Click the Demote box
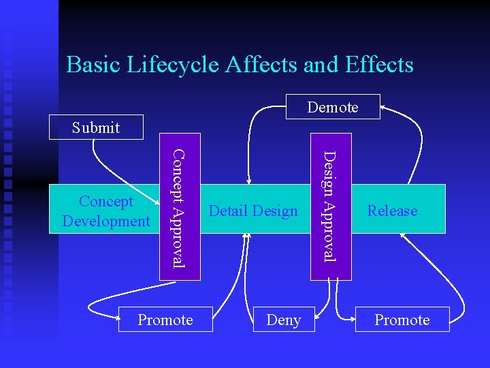(332, 107)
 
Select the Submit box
(96, 127)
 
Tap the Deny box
(284, 320)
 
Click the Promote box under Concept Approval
(165, 320)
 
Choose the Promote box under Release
(402, 320)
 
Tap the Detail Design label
(253, 211)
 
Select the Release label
(392, 211)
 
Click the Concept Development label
(105, 211)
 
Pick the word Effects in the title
(379, 64)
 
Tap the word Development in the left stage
(105, 221)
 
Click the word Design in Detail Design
(276, 211)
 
